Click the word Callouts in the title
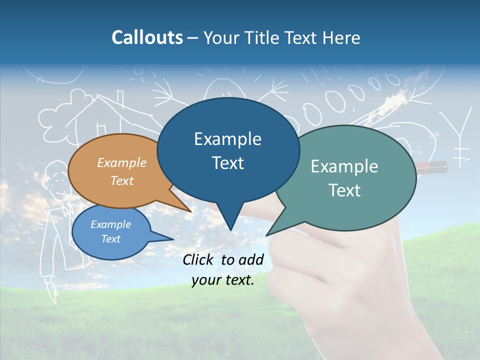147,37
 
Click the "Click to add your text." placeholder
223,269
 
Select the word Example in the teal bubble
344,166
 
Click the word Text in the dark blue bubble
228,163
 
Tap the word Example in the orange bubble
122,162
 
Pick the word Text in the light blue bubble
111,239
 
